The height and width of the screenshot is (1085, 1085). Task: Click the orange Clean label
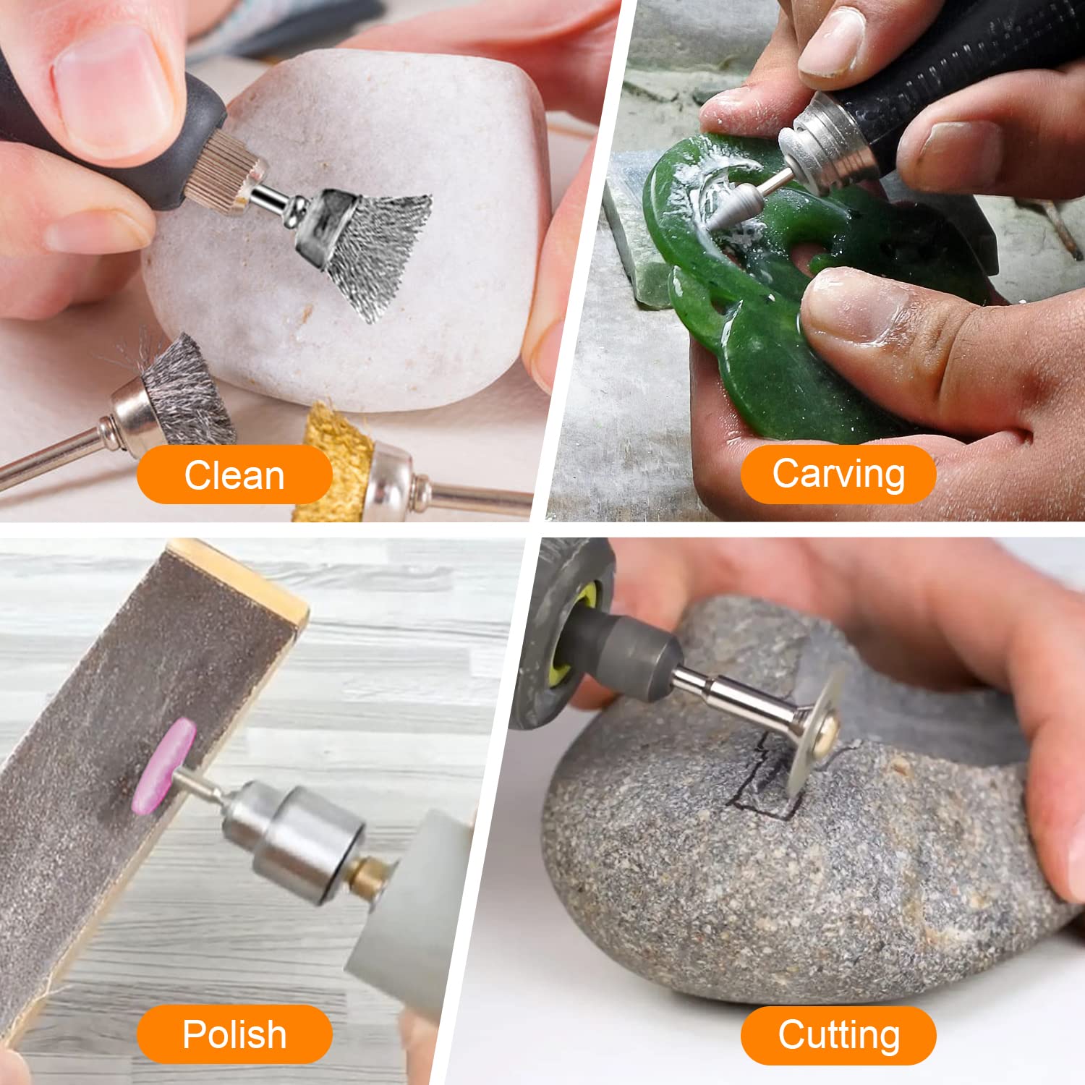point(234,475)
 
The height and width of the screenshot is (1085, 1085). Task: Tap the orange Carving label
point(838,474)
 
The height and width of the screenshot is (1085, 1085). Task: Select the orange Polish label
point(234,1034)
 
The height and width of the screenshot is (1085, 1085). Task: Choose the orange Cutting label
point(838,1034)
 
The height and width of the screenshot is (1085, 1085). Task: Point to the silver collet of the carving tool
point(817,141)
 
